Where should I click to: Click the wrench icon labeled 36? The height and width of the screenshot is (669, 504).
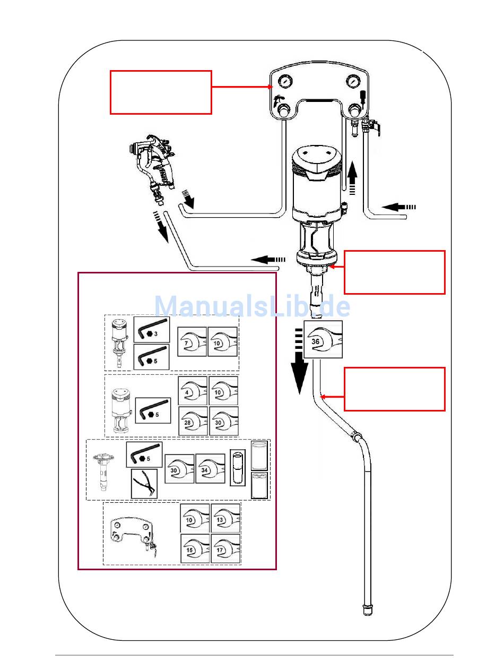tap(323, 339)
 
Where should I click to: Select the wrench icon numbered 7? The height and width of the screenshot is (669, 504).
tap(192, 341)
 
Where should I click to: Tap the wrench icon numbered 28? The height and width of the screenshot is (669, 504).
tap(193, 421)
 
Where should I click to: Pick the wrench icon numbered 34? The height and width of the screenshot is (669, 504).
tap(210, 468)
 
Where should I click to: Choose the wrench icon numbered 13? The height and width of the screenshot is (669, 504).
tap(225, 518)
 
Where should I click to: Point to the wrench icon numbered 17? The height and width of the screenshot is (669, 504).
tap(225, 548)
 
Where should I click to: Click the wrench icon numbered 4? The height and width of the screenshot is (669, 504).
tap(193, 391)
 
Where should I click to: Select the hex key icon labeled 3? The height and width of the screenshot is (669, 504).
tap(151, 330)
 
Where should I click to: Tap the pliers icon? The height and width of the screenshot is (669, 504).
tap(144, 484)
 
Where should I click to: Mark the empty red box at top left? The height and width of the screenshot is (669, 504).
tap(161, 92)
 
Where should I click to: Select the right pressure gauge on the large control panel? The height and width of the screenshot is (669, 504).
tap(352, 82)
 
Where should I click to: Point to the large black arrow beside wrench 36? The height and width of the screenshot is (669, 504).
tap(299, 361)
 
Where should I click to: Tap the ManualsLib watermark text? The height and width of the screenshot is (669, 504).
tap(252, 307)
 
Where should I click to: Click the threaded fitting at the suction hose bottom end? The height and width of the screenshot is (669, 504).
tap(367, 611)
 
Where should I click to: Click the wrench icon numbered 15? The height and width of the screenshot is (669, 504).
tap(195, 548)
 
